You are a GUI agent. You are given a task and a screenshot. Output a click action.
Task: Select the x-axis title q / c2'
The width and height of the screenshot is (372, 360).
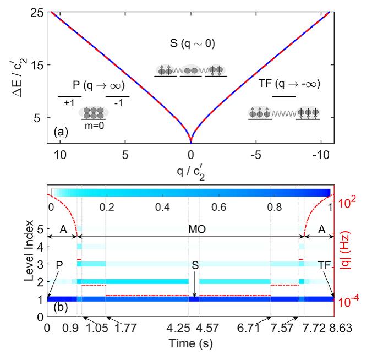tap(191, 171)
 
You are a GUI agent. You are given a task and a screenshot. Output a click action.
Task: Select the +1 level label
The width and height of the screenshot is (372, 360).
tap(68, 103)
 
